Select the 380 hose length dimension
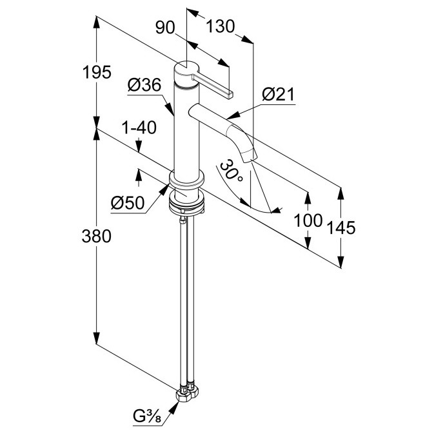(97, 237)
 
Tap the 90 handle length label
(166, 26)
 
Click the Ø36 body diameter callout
(144, 85)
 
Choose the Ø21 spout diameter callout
(278, 96)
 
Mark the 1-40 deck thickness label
(139, 128)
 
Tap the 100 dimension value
(308, 220)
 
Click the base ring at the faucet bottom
(186, 183)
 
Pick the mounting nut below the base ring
(187, 204)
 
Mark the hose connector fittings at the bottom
(188, 391)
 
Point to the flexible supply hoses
(186, 296)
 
